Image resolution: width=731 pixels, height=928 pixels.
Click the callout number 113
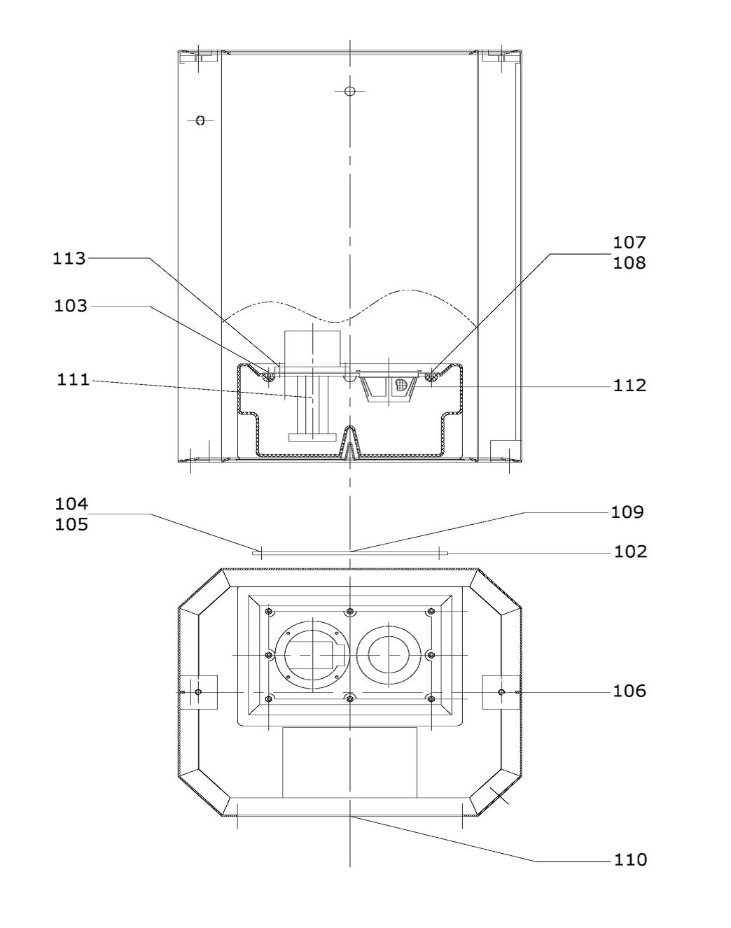70,258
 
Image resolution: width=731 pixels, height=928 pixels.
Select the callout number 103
71,306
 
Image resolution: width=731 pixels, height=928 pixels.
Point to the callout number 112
630,386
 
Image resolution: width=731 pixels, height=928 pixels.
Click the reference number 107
629,243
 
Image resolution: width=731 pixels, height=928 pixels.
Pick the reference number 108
629,263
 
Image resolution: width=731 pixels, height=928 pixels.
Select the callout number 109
627,512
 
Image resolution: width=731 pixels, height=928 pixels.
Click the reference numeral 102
630,551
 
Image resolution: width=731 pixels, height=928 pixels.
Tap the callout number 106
629,691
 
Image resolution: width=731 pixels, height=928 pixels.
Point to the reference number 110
630,859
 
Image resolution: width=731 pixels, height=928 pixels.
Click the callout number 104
71,504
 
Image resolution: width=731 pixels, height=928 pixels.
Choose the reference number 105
71,524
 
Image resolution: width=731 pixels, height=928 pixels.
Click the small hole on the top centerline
351,91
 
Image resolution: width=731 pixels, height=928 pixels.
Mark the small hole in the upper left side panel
200,120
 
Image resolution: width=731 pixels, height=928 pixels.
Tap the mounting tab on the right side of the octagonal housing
501,692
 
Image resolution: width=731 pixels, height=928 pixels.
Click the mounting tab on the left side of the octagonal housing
199,692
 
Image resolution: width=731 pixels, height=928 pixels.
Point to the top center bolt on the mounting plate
350,612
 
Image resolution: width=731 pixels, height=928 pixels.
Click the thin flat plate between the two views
349,553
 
